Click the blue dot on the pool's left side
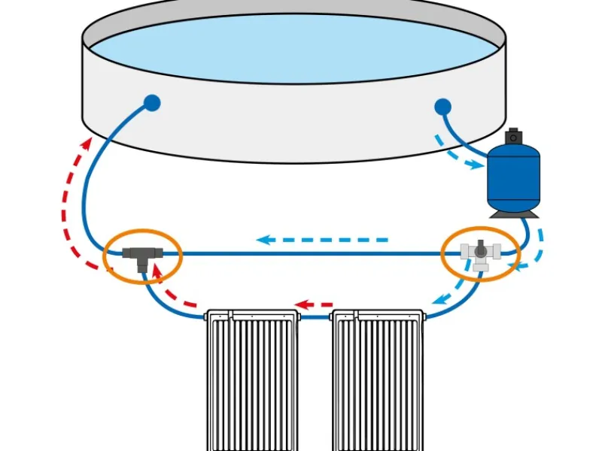click(x=152, y=103)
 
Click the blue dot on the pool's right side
click(x=442, y=107)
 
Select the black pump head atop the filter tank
click(x=513, y=137)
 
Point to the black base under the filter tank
click(x=513, y=213)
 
